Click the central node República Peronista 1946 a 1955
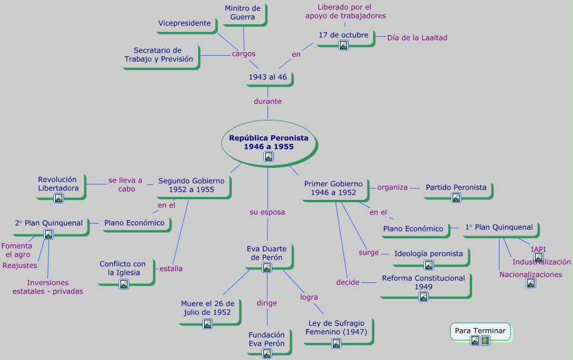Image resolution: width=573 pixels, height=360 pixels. [269, 142]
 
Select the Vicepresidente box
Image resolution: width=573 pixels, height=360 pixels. [184, 23]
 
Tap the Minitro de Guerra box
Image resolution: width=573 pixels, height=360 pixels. [243, 12]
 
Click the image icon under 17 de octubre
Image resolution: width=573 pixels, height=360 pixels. [343, 45]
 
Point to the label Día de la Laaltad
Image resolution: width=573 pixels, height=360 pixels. [417, 37]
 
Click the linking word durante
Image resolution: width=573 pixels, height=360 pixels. [268, 101]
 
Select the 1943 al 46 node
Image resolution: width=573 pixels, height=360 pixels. [267, 77]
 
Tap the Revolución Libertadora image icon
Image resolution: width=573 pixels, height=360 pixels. [59, 198]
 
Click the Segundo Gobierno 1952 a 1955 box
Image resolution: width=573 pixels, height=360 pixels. [191, 185]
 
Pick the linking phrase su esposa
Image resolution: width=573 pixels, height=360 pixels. [267, 212]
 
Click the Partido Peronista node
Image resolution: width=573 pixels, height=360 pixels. [456, 187]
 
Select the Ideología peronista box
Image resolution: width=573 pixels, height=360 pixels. [428, 254]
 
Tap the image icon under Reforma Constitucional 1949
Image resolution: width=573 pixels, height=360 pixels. [424, 297]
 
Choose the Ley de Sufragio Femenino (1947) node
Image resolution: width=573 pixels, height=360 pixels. [336, 327]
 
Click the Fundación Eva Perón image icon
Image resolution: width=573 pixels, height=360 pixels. [267, 353]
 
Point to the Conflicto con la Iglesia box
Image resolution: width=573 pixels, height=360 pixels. [123, 268]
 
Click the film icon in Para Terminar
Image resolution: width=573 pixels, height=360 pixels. [486, 340]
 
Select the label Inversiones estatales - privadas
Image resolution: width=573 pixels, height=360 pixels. [48, 287]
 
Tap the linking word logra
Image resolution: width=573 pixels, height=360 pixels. [309, 297]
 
